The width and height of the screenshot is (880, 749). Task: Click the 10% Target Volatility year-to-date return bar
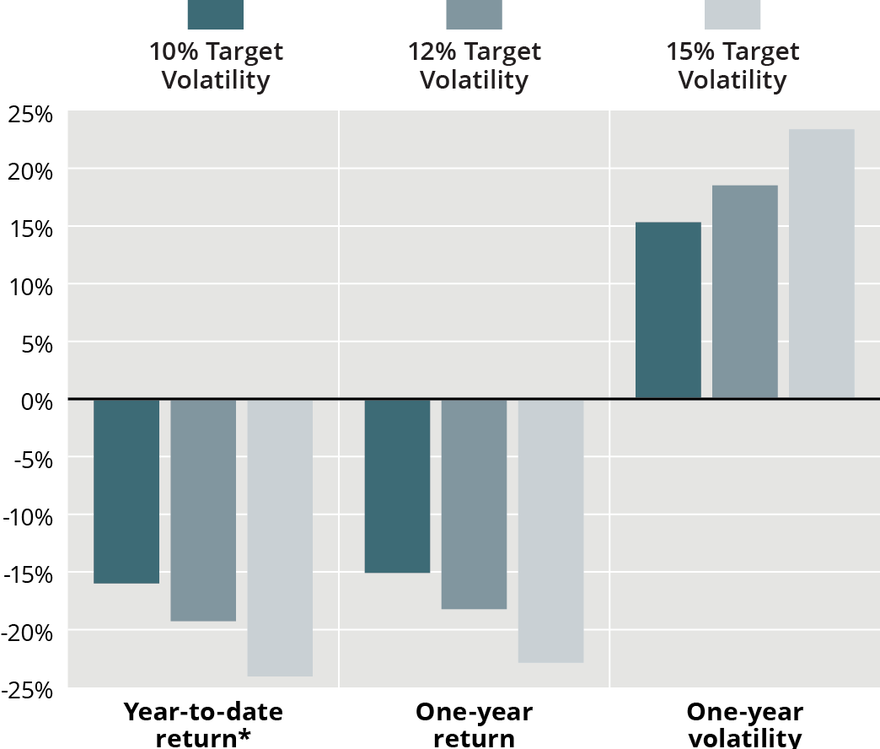[x=126, y=491]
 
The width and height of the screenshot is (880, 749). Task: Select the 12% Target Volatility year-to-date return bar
[x=203, y=510]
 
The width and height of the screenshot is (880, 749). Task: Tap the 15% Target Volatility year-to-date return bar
[x=280, y=537]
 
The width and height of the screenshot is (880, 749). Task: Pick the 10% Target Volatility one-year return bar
[x=397, y=486]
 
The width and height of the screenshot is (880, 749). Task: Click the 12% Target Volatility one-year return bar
[x=474, y=504]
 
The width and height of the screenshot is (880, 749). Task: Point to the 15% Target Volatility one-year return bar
[x=550, y=531]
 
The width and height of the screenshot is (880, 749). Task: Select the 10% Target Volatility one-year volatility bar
[x=668, y=310]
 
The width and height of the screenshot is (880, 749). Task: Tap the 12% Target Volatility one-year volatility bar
[x=744, y=291]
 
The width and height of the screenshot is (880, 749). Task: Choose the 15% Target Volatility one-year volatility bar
[x=821, y=263]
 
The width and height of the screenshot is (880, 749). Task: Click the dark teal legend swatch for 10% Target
[x=215, y=14]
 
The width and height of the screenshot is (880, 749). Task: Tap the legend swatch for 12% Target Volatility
[x=474, y=14]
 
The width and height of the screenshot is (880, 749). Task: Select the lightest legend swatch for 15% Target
[x=732, y=14]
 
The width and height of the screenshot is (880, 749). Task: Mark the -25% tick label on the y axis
[x=28, y=690]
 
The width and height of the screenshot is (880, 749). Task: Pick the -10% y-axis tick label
[x=28, y=516]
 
